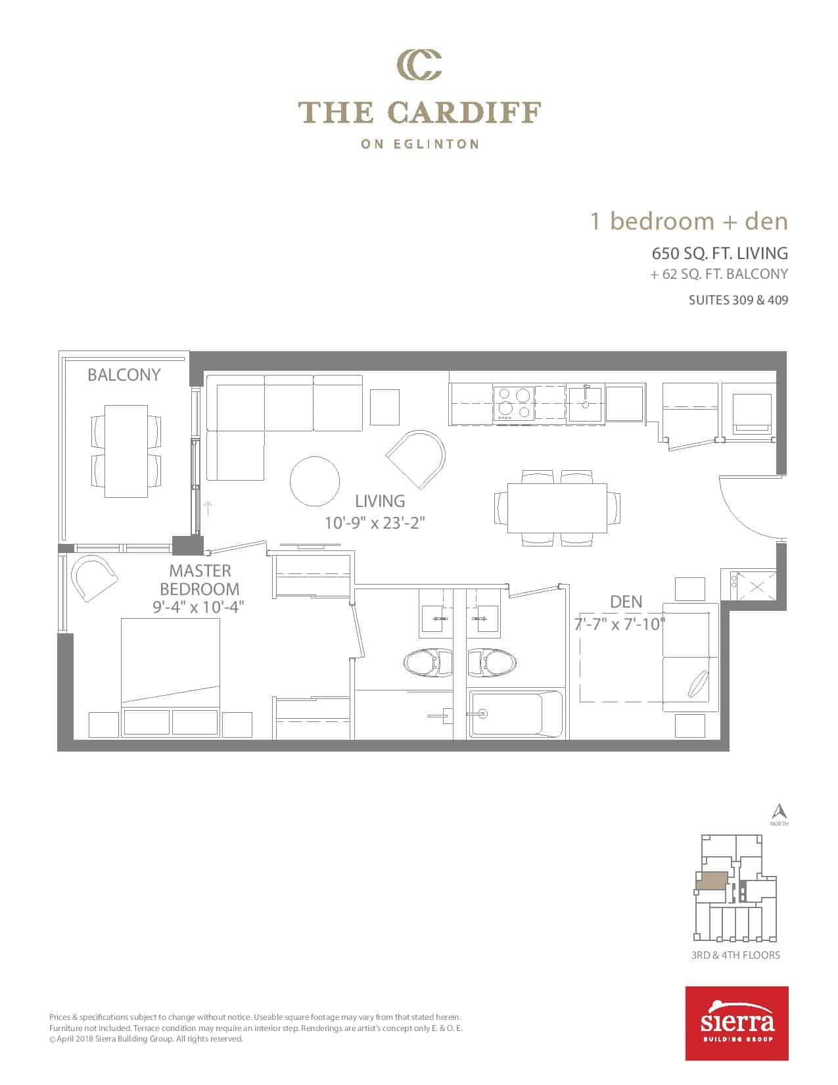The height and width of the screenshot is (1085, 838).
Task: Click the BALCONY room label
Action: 124,375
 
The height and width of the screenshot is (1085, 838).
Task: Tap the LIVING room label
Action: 380,501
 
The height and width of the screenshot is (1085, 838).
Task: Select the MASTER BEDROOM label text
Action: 200,580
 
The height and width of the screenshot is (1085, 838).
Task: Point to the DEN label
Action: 626,602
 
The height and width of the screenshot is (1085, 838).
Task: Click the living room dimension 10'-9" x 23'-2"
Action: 375,523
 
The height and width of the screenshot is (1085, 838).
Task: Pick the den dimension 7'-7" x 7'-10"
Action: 620,624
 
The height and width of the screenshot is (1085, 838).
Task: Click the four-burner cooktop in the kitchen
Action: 514,404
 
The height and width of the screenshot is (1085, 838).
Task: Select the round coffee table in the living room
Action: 315,481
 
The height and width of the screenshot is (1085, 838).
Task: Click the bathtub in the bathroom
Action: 516,714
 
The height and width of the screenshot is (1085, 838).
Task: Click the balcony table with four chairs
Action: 126,451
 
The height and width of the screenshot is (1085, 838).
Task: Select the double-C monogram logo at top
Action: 419,65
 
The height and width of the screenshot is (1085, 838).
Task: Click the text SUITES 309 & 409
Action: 738,300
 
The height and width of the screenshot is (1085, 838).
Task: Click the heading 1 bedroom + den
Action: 689,221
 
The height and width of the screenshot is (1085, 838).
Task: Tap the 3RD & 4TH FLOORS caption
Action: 735,955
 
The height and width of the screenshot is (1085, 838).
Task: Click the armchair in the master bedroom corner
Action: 94,578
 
